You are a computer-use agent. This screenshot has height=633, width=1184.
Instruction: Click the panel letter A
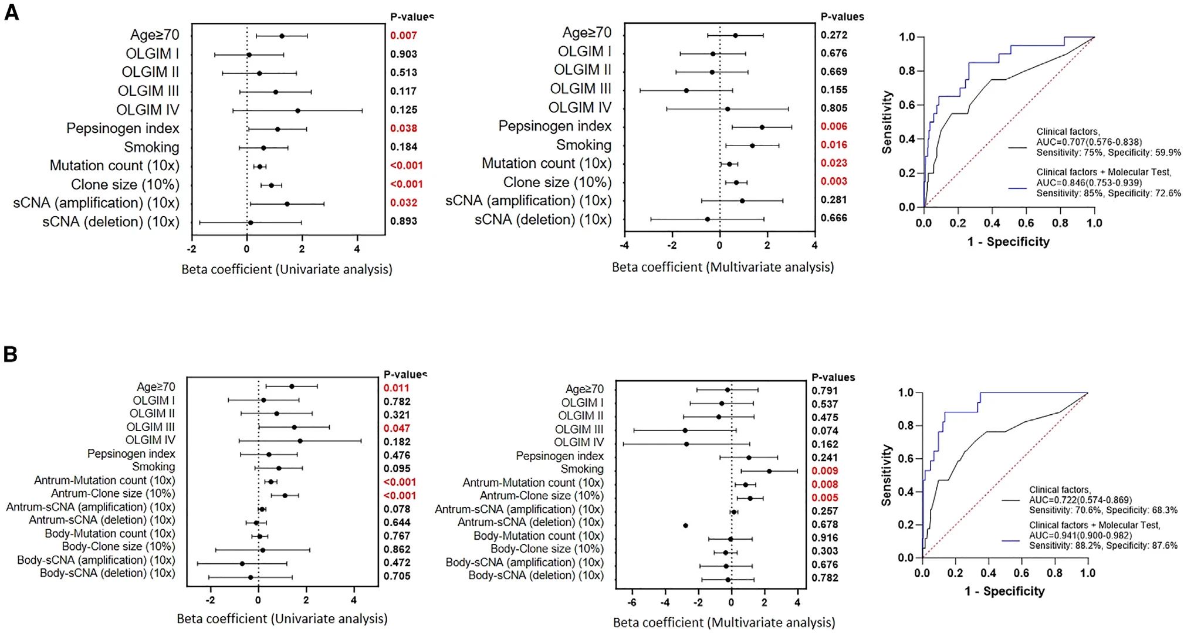pyautogui.click(x=12, y=12)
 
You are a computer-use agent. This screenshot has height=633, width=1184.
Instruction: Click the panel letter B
pyautogui.click(x=11, y=354)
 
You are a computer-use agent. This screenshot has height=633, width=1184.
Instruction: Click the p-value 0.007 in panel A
pyautogui.click(x=404, y=36)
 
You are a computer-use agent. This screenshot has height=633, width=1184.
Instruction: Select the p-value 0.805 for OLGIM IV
pyautogui.click(x=834, y=109)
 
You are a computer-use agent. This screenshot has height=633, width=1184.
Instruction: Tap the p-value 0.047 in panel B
pyautogui.click(x=397, y=429)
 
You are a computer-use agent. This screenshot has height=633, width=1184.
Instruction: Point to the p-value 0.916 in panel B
pyautogui.click(x=825, y=538)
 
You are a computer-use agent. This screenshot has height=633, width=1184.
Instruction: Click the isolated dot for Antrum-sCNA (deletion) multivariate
pyautogui.click(x=685, y=526)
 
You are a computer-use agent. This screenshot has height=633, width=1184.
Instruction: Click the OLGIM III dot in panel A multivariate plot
pyautogui.click(x=686, y=90)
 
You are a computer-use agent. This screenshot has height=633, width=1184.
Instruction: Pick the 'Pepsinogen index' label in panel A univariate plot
pyautogui.click(x=123, y=128)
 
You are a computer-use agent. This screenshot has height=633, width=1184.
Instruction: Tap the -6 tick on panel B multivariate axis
pyautogui.click(x=632, y=602)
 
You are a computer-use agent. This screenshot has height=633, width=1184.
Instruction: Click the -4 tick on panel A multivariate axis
pyautogui.click(x=625, y=246)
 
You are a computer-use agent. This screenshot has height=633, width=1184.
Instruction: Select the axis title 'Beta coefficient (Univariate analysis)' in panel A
pyautogui.click(x=286, y=269)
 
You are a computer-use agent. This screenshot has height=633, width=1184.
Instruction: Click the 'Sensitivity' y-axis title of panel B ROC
pyautogui.click(x=887, y=475)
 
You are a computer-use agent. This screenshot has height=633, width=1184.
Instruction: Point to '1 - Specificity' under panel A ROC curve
pyautogui.click(x=1008, y=242)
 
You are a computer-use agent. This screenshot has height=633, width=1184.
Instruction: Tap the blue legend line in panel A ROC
pyautogui.click(x=1017, y=188)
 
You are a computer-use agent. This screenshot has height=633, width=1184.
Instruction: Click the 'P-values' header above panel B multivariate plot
pyautogui.click(x=833, y=378)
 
